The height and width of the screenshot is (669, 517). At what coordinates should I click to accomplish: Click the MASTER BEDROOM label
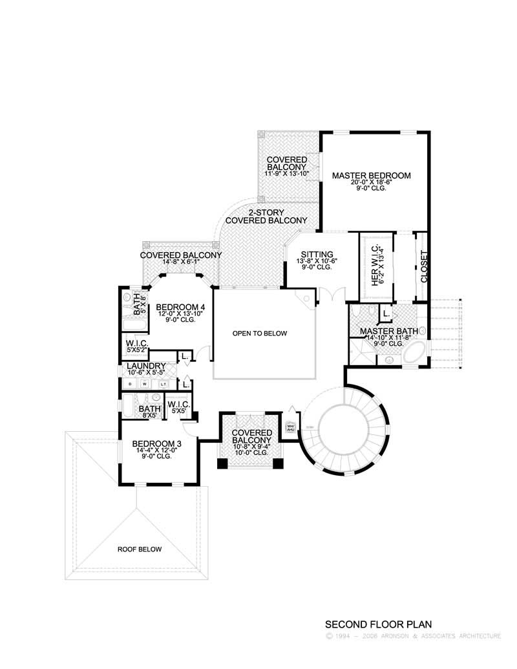[x=371, y=175]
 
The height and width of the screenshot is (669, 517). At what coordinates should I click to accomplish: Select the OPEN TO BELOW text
[x=259, y=334]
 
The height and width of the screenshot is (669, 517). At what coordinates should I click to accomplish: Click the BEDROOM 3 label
[x=152, y=444]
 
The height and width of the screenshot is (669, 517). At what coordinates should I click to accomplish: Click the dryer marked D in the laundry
[x=131, y=383]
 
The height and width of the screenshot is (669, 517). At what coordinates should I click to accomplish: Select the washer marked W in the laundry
[x=145, y=383]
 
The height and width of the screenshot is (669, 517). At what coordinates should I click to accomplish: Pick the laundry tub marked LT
[x=163, y=383]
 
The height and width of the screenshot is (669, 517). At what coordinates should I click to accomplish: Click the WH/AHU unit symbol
[x=290, y=428]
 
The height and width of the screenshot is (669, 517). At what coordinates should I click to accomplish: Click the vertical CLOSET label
[x=424, y=266]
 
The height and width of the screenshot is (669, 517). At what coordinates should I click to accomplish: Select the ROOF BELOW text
[x=139, y=549]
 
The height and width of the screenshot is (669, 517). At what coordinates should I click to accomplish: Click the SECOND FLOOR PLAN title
[x=377, y=624]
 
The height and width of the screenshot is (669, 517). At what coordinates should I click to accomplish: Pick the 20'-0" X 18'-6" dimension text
[x=371, y=182]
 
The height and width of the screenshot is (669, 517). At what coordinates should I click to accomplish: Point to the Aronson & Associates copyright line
[x=414, y=636]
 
